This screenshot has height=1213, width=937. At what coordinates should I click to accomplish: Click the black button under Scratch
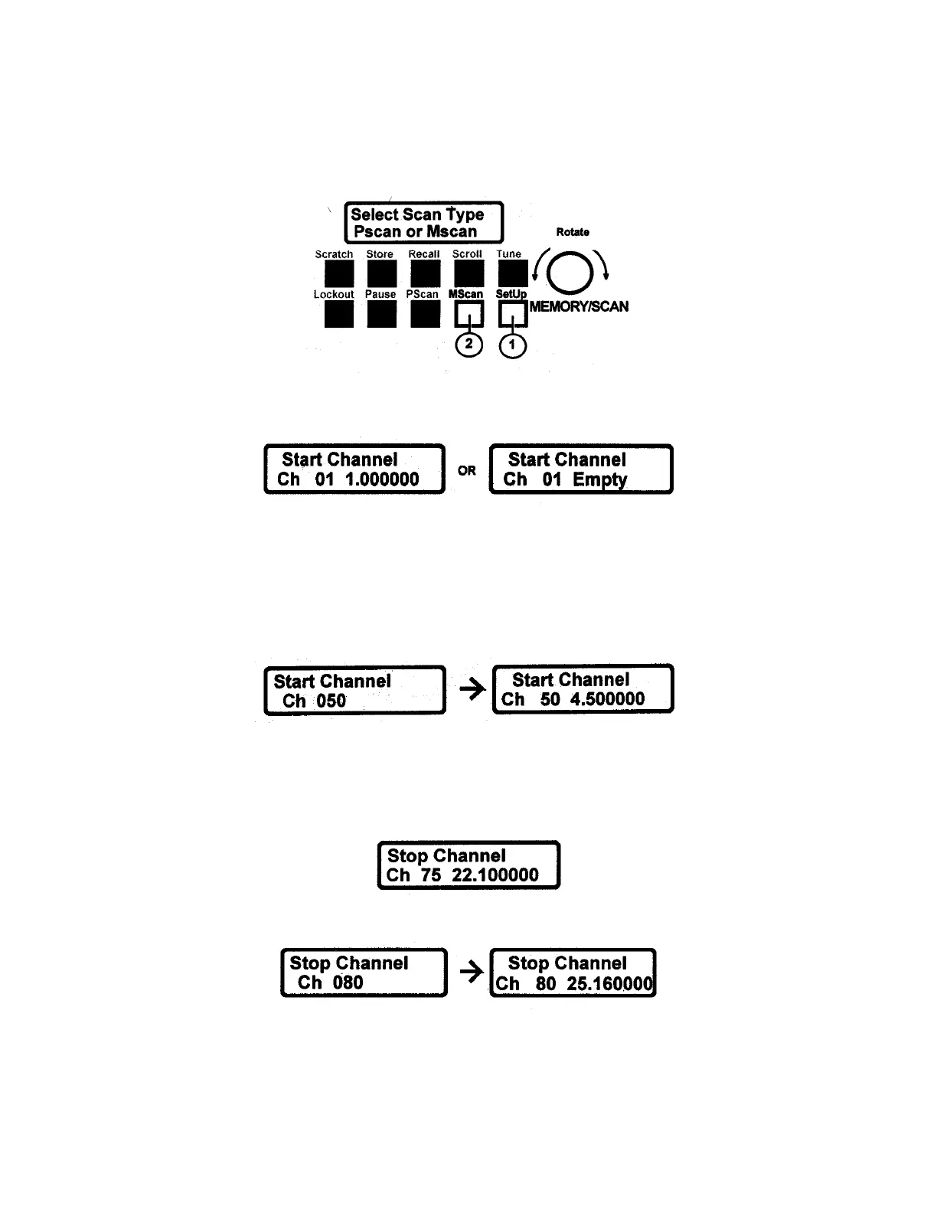pyautogui.click(x=335, y=273)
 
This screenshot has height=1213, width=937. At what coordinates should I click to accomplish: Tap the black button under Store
pyautogui.click(x=381, y=273)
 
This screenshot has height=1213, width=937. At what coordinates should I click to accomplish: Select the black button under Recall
pyautogui.click(x=425, y=273)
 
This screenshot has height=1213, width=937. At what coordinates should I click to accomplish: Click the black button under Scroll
pyautogui.click(x=468, y=273)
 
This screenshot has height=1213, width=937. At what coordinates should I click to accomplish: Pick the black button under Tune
pyautogui.click(x=512, y=273)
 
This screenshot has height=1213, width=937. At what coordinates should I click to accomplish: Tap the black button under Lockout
pyautogui.click(x=335, y=313)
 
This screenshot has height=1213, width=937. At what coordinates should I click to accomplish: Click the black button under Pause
pyautogui.click(x=381, y=313)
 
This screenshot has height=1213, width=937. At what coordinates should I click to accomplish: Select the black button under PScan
pyautogui.click(x=425, y=313)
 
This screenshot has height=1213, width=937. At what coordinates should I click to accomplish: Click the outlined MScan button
pyautogui.click(x=469, y=313)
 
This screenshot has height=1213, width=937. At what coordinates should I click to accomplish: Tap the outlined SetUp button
pyautogui.click(x=513, y=313)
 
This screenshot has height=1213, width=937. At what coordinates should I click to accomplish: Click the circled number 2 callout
pyautogui.click(x=469, y=345)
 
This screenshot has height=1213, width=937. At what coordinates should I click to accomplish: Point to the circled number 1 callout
pyautogui.click(x=513, y=346)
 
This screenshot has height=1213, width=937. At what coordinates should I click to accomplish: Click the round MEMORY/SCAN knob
pyautogui.click(x=571, y=273)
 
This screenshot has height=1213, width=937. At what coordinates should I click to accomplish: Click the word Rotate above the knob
pyautogui.click(x=573, y=232)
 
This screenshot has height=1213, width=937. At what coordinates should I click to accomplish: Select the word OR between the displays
pyautogui.click(x=467, y=470)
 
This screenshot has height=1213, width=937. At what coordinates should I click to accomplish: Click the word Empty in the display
pyautogui.click(x=600, y=480)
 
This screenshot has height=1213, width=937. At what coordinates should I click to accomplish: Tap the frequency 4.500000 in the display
pyautogui.click(x=607, y=699)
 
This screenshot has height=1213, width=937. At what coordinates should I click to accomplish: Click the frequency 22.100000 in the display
pyautogui.click(x=495, y=875)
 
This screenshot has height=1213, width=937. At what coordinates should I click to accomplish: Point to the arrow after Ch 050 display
pyautogui.click(x=472, y=689)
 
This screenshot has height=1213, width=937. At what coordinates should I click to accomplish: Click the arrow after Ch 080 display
pyautogui.click(x=472, y=972)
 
